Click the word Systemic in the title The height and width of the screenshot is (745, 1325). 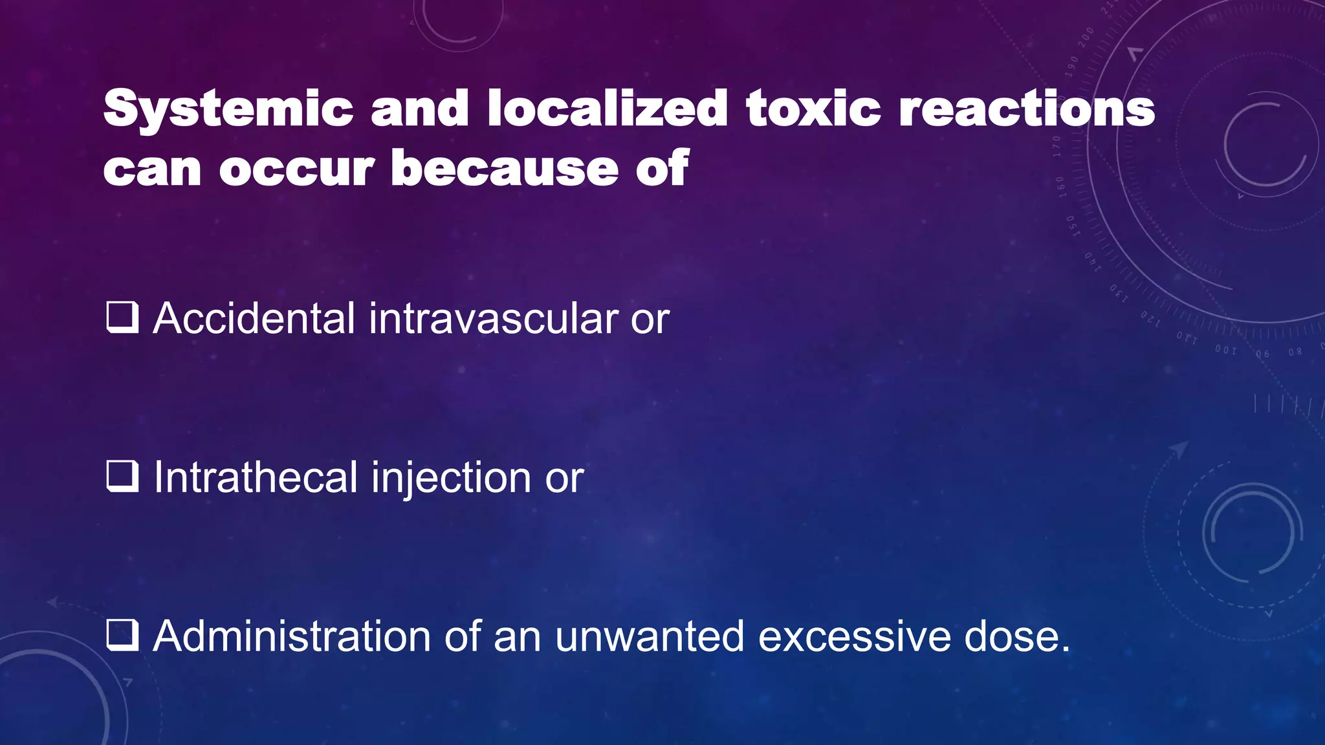point(228,109)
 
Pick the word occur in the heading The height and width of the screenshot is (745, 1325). point(297,169)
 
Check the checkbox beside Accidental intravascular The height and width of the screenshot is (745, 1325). point(122,318)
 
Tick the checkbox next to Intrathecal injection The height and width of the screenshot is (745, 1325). point(122,477)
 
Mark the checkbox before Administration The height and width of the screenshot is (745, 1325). point(122,636)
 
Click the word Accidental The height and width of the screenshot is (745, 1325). point(254,318)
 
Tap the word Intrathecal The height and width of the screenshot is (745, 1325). point(256,477)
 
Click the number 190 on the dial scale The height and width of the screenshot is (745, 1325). point(1073,67)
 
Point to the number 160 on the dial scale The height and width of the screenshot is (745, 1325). point(1061,186)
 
